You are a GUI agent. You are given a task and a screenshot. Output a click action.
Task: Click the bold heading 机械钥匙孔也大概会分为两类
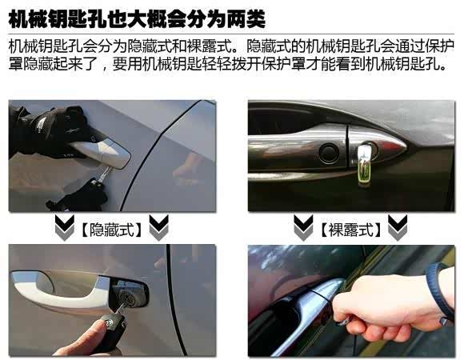click(x=137, y=19)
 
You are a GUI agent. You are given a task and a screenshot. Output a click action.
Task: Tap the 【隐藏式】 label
click(x=112, y=230)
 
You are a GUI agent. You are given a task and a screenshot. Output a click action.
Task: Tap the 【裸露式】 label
click(x=350, y=230)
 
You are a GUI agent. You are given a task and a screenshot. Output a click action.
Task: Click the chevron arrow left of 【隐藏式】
click(x=65, y=227)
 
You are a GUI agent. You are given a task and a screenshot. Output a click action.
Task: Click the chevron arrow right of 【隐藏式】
click(x=158, y=227)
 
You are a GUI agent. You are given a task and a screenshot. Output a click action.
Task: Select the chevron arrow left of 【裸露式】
click(x=303, y=227)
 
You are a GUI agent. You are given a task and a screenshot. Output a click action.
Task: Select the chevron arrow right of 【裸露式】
click(x=398, y=227)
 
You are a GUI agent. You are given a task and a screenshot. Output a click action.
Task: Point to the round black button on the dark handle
click(x=329, y=153)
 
